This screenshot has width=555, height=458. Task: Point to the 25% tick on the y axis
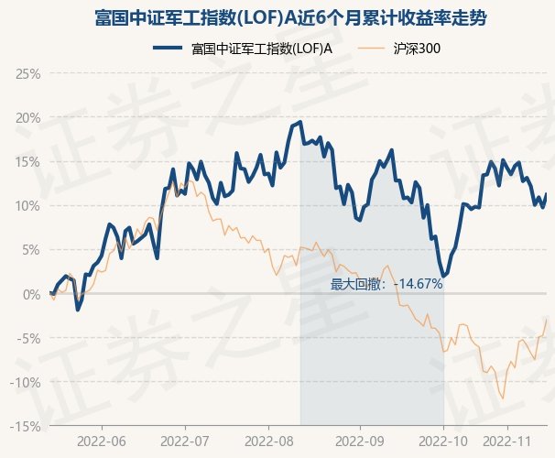[x=27, y=73]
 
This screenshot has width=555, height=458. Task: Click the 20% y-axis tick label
[x=27, y=117]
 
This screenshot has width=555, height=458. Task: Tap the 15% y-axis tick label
[x=27, y=161]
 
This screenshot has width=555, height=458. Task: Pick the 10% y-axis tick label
[x=27, y=205]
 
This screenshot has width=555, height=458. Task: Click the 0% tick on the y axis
[x=30, y=294]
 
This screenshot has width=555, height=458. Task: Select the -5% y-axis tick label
[x=27, y=338]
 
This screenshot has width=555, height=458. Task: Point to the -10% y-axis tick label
[x=24, y=382]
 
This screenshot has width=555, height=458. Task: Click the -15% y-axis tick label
[x=24, y=426]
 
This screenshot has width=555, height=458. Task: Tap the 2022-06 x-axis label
[x=102, y=442]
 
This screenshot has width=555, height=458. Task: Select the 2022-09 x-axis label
[x=360, y=442]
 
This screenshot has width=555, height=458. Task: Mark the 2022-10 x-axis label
[x=443, y=442]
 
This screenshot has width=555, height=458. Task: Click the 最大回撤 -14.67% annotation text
[x=386, y=284]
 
